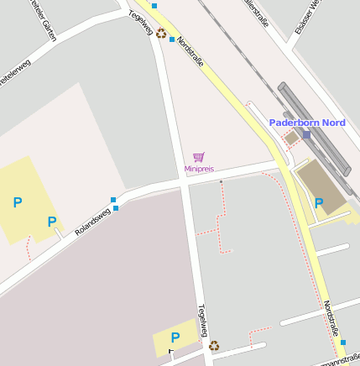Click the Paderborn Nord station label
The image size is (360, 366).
tap(307, 123)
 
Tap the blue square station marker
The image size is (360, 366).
tap(306, 134)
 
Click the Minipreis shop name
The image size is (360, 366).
tap(199, 169)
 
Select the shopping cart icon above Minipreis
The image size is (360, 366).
tap(199, 157)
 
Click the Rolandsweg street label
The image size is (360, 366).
tap(92, 221)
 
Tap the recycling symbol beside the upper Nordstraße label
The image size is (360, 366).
tap(160, 34)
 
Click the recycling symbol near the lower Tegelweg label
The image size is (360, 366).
tap(214, 345)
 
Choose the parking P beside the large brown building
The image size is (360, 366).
tap(319, 202)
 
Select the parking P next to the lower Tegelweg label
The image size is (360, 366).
tap(175, 337)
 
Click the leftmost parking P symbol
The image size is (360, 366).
tap(17, 201)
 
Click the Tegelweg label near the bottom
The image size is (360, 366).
tap(201, 321)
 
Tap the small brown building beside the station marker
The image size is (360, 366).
tap(291, 137)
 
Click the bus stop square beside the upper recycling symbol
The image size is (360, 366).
tap(172, 39)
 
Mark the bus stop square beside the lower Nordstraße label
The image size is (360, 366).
tap(343, 342)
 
